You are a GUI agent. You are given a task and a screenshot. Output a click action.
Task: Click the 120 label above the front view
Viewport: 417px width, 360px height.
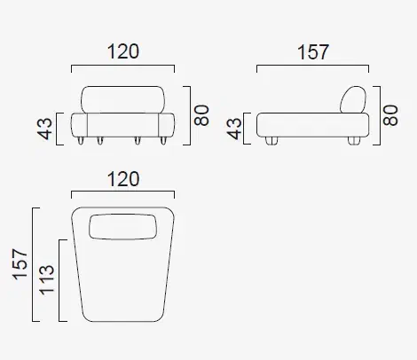tap(123, 51)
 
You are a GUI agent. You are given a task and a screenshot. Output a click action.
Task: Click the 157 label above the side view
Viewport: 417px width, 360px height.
tap(313, 52)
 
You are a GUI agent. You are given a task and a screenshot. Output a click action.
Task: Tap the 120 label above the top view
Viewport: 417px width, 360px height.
tap(123, 179)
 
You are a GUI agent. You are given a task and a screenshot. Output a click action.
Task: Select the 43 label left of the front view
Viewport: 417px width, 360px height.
tap(44, 129)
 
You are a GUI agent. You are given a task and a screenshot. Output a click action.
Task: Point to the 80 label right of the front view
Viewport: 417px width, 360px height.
tap(201, 115)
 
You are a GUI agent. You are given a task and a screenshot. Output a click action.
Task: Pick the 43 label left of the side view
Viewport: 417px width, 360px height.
tap(234, 129)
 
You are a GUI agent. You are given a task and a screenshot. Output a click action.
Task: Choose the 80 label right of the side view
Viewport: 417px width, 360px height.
tap(390, 115)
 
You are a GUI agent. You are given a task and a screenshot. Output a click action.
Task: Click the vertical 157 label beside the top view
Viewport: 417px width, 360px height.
tap(20, 264)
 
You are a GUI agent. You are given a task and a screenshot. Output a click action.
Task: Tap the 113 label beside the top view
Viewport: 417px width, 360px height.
tap(47, 280)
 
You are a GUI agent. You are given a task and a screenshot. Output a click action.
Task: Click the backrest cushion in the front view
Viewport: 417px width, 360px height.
tap(122, 99)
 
